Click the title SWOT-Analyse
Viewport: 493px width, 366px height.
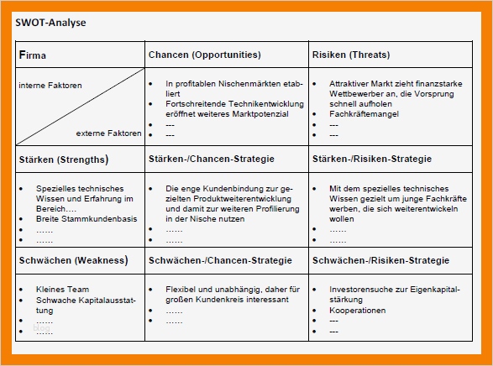point(50,23)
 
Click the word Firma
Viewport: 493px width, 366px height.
point(33,55)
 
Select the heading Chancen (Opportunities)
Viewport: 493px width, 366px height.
point(204,55)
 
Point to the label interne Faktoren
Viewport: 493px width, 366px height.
point(50,86)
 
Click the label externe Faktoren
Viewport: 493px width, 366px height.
point(108,133)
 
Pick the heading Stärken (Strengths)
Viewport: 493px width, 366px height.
point(63,159)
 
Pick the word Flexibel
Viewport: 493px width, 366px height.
point(181,290)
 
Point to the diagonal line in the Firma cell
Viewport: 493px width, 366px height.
point(81,107)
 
